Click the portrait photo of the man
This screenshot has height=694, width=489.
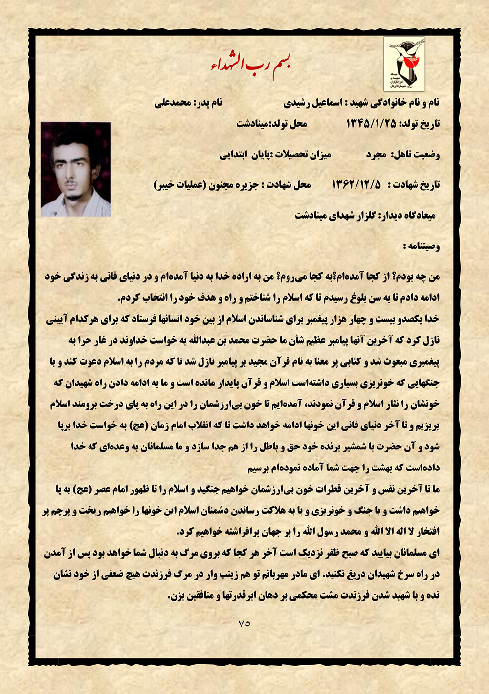pyautogui.click(x=75, y=169)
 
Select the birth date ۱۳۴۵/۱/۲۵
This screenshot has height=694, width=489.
pyautogui.click(x=371, y=123)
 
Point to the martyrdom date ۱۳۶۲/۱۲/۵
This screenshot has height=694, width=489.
pyautogui.click(x=356, y=185)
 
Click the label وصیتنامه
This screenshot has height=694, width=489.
pyautogui.click(x=421, y=246)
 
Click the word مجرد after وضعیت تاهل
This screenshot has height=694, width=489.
pyautogui.click(x=377, y=155)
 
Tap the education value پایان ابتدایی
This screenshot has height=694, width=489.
pyautogui.click(x=244, y=155)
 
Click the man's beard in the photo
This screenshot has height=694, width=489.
pyautogui.click(x=74, y=196)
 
